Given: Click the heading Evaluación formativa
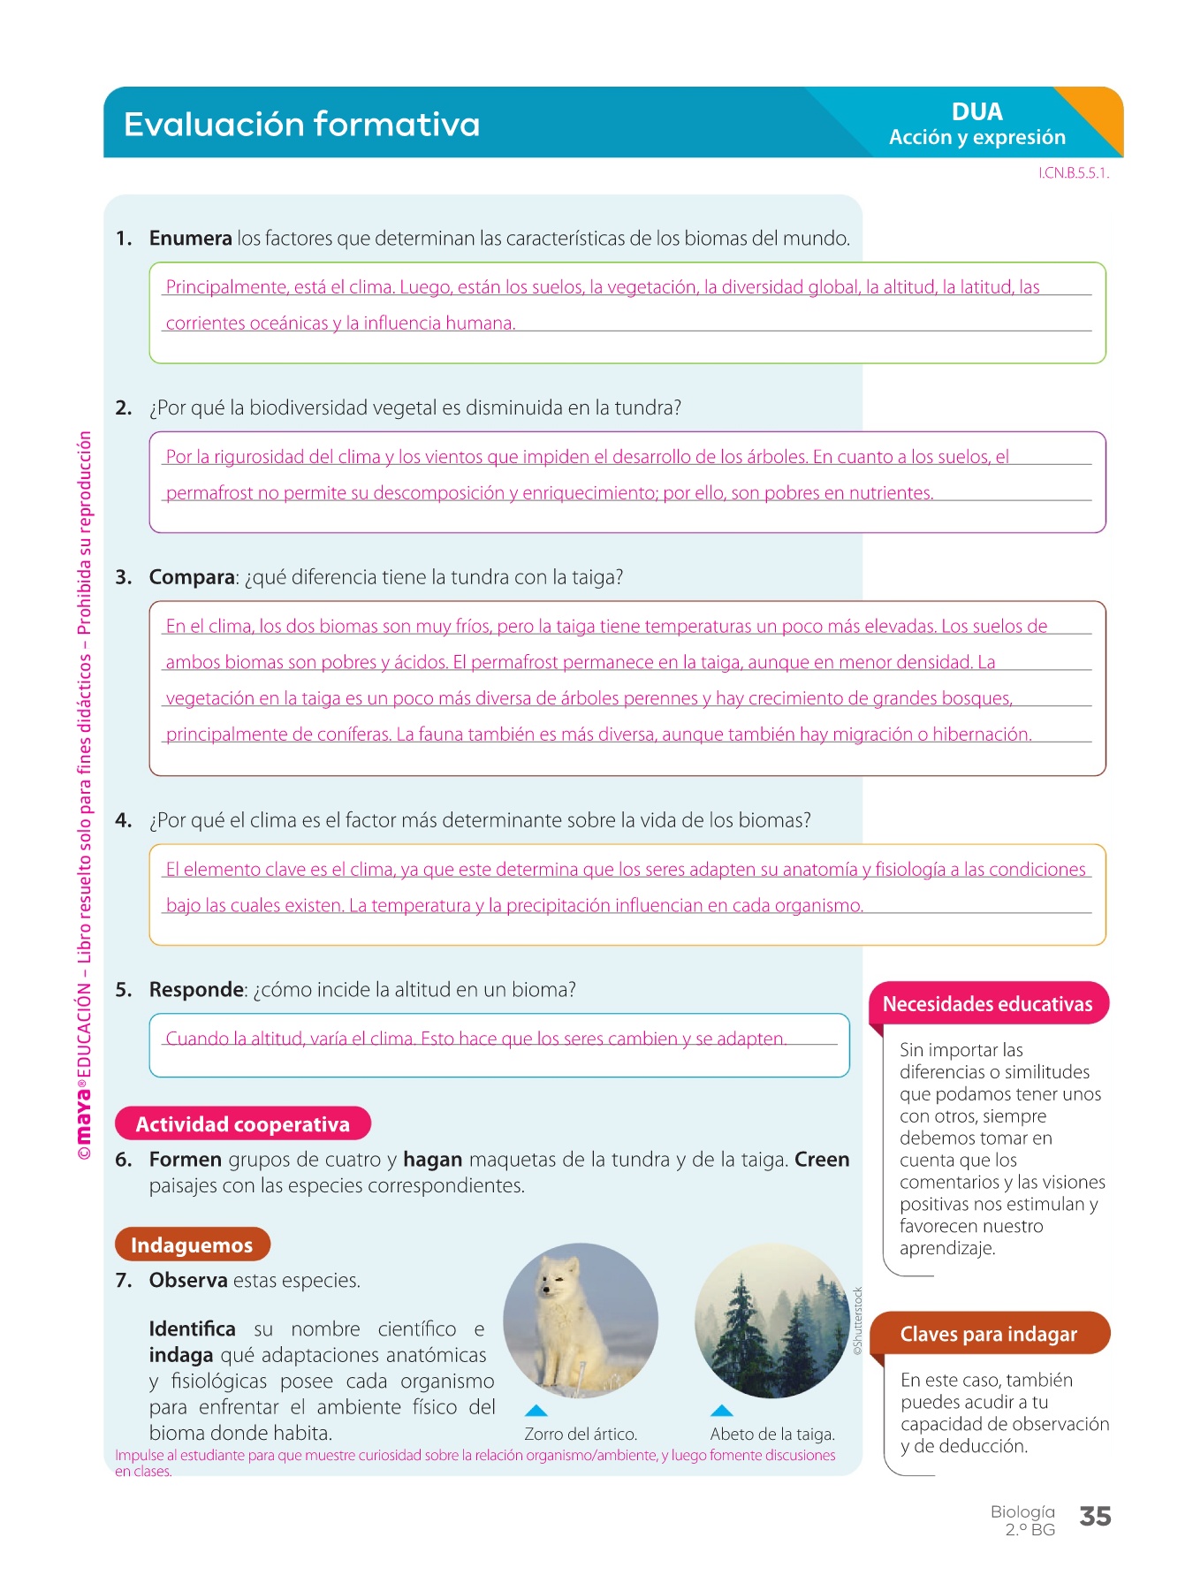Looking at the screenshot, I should click(301, 124).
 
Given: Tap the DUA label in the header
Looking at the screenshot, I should click(976, 111).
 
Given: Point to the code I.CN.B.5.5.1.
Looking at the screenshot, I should click(1073, 173).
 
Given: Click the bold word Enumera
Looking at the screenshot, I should click(190, 238).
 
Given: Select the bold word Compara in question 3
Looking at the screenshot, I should click(192, 577).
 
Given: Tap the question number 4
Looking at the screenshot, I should click(123, 820).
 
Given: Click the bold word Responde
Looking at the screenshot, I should click(196, 989).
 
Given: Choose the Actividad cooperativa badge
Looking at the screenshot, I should click(242, 1123).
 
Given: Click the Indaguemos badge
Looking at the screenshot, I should click(192, 1245).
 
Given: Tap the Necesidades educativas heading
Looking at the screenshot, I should click(987, 1004).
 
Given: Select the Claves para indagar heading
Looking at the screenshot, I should click(988, 1334).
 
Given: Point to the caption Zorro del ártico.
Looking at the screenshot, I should click(581, 1434).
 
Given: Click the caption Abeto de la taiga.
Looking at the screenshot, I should click(772, 1434).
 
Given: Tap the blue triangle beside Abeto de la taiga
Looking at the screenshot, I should click(722, 1411).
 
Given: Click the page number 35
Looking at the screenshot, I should click(1095, 1516).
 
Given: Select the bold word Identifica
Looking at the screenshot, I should click(192, 1328).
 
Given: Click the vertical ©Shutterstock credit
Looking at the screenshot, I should click(857, 1321).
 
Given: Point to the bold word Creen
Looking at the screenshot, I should click(822, 1159).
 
